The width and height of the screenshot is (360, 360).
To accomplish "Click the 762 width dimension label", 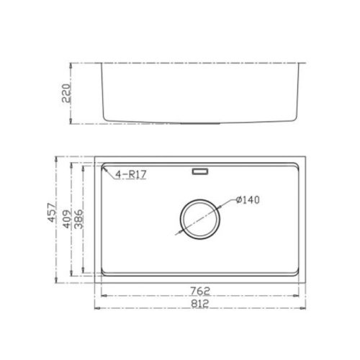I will [201, 292].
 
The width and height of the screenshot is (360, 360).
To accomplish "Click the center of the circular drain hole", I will [199, 217].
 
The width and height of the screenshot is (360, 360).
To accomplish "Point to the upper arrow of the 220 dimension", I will [69, 65].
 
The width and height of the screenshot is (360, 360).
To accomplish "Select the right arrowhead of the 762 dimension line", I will [300, 297].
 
